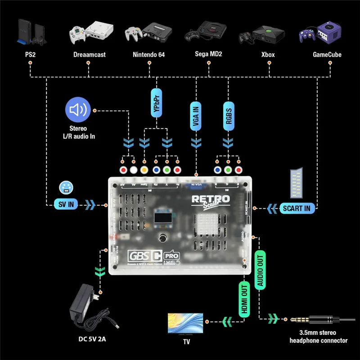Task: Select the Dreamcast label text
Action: (x=89, y=54)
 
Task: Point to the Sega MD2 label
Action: (x=208, y=54)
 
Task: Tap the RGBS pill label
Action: (x=229, y=116)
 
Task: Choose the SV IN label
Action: (x=65, y=205)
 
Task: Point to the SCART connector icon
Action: (x=297, y=183)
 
